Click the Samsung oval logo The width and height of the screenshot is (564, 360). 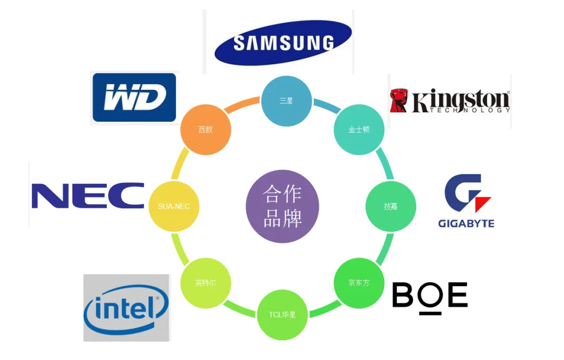click(283, 42)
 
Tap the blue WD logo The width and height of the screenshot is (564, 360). click(135, 98)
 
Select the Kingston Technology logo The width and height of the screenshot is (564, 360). click(450, 101)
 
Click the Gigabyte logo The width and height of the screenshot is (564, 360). click(466, 201)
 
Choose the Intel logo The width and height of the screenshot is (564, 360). click(126, 308)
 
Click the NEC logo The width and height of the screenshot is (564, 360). click(88, 195)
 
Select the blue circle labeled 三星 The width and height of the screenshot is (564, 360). click(286, 101)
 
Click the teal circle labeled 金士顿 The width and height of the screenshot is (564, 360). click(359, 130)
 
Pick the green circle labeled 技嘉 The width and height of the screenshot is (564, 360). click(391, 206)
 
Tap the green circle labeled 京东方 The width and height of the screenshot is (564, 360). click(359, 283)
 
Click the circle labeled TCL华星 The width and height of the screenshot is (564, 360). click(283, 315)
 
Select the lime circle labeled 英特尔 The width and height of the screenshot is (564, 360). click(206, 283)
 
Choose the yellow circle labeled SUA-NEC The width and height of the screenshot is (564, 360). click(174, 206)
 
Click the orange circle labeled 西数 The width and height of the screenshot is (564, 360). click(206, 130)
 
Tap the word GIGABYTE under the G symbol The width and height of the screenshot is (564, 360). click(466, 224)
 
